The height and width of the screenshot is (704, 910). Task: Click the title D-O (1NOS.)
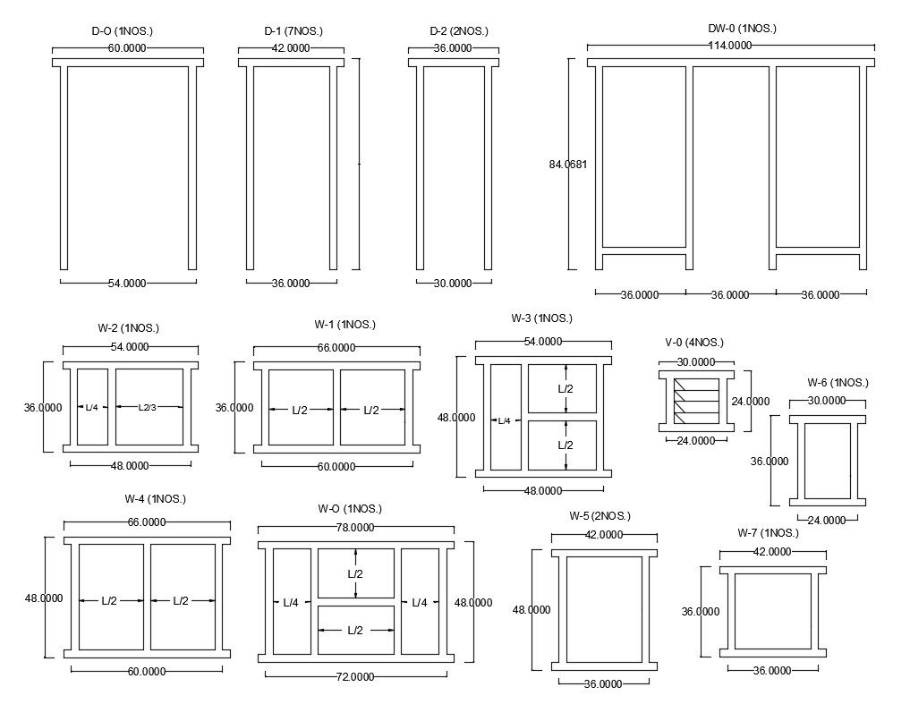click(x=123, y=31)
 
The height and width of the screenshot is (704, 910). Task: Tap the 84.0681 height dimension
click(x=567, y=164)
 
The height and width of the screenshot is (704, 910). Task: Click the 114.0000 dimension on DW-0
click(x=729, y=46)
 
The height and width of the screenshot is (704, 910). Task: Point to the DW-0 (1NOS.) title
click(x=742, y=29)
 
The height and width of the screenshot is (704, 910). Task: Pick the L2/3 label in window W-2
click(x=149, y=407)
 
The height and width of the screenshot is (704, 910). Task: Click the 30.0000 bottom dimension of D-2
click(x=452, y=284)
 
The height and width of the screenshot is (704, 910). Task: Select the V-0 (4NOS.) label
click(x=694, y=343)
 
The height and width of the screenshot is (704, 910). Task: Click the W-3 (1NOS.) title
click(x=541, y=318)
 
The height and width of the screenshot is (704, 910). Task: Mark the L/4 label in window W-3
click(x=505, y=420)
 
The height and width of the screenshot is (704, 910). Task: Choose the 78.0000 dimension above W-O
click(x=354, y=528)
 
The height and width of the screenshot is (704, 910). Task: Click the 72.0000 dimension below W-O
click(x=354, y=677)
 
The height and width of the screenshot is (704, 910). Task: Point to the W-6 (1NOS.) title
click(x=838, y=383)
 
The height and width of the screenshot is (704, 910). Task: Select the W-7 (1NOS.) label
click(x=768, y=533)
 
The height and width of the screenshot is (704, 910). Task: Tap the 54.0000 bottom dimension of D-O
click(x=127, y=284)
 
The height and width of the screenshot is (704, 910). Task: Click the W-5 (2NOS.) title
click(x=600, y=516)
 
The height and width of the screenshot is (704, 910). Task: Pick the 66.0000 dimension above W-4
click(x=147, y=522)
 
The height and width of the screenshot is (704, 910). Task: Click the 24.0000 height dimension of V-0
click(x=750, y=402)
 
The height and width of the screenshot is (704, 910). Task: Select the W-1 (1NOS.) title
click(x=345, y=325)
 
